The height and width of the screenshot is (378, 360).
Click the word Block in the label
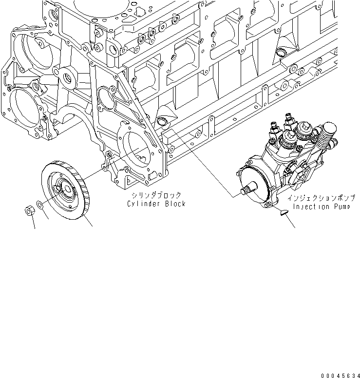[x=174, y=204]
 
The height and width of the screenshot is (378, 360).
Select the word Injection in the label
[x=309, y=207]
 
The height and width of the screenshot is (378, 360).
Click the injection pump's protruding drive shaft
[x=248, y=189]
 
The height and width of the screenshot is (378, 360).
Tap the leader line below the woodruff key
[x=291, y=222]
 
